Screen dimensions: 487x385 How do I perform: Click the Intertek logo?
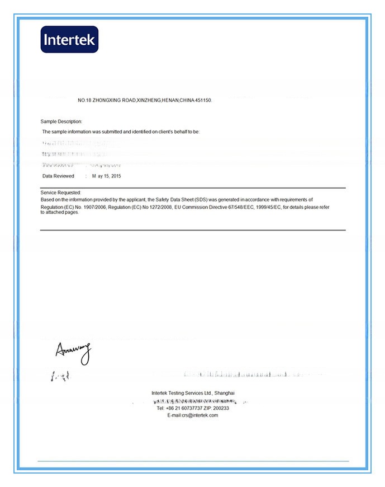click(x=69, y=39)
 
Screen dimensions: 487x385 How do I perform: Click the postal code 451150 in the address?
click(x=204, y=100)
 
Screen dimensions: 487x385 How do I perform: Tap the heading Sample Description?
click(x=61, y=121)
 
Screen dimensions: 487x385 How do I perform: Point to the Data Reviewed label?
click(x=58, y=176)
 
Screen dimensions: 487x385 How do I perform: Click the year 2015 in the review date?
click(x=116, y=176)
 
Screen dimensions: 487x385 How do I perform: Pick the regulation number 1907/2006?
click(x=94, y=207)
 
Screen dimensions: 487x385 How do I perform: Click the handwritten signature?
click(x=73, y=352)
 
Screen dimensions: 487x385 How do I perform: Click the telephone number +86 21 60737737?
click(x=182, y=408)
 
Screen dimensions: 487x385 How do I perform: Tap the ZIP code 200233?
click(x=222, y=408)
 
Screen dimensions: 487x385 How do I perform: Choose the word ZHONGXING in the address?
click(x=105, y=100)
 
